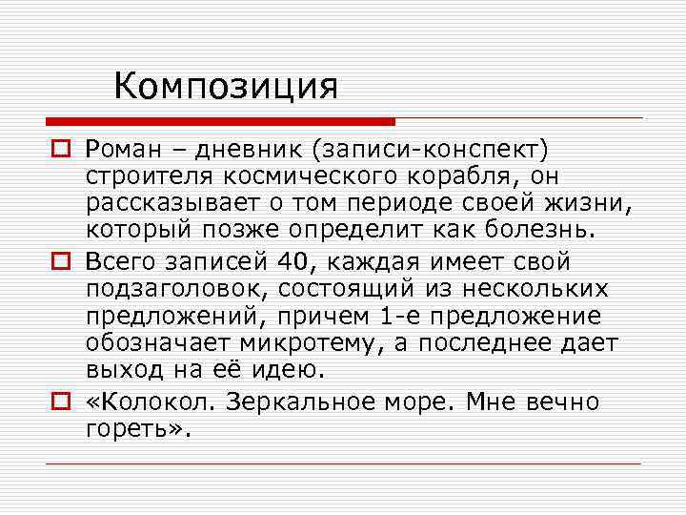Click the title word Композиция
click(226, 87)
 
